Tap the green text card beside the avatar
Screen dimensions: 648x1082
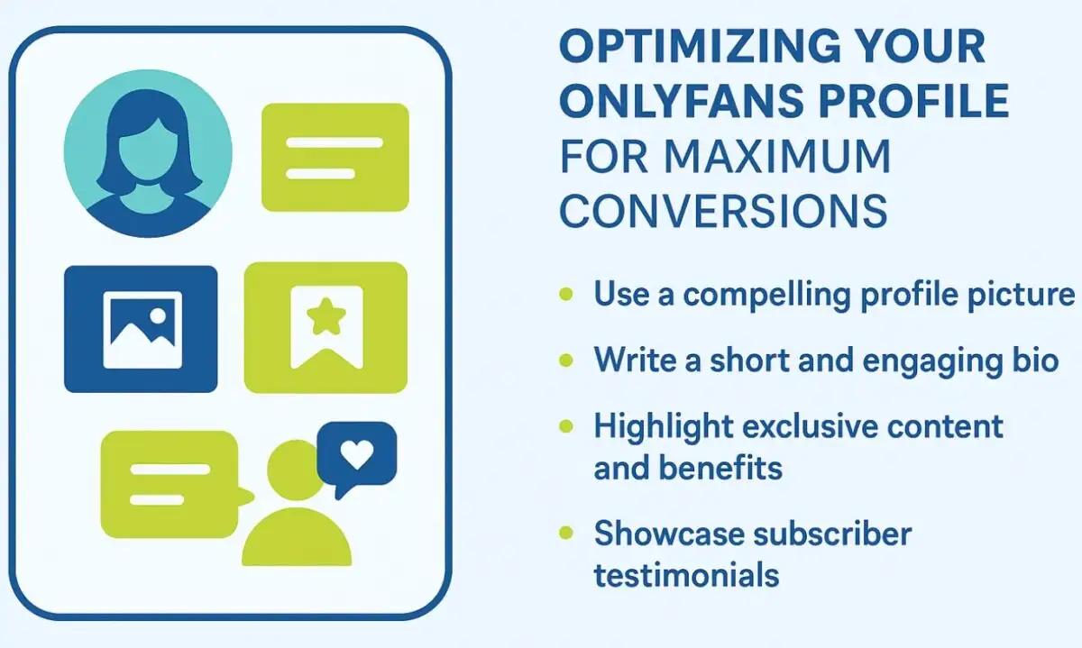click(335, 157)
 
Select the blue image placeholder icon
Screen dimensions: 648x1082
click(141, 329)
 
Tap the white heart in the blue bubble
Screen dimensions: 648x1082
click(357, 457)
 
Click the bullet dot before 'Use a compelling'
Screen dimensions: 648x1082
click(566, 295)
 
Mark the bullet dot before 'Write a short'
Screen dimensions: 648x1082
click(566, 361)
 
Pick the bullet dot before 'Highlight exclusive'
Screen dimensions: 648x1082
click(566, 425)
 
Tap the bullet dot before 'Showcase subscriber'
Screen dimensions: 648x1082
click(566, 534)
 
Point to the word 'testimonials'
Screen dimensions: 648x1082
click(686, 574)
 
